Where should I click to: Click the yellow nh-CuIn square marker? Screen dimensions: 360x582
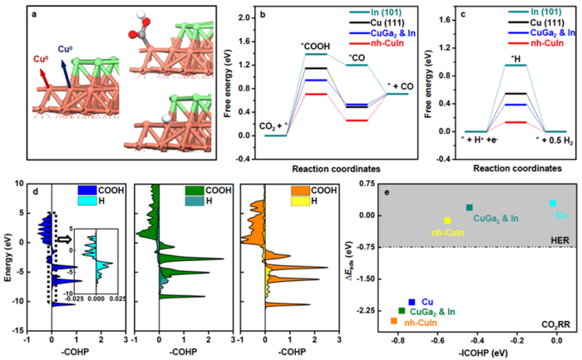(447, 220)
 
